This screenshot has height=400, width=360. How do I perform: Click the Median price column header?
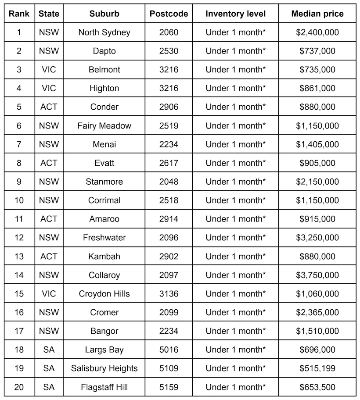(317, 14)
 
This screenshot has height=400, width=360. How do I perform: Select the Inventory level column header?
(236, 14)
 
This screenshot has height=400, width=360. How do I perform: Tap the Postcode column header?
(169, 14)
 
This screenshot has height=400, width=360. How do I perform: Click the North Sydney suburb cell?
(104, 32)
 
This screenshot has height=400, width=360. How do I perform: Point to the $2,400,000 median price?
(317, 32)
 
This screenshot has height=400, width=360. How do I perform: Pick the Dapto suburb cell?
(104, 51)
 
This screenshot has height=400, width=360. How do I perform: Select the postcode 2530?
(169, 51)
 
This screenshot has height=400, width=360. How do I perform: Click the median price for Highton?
(317, 88)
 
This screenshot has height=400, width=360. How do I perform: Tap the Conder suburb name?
(104, 107)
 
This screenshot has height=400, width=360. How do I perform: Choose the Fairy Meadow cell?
(104, 126)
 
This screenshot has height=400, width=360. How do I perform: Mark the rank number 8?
(19, 163)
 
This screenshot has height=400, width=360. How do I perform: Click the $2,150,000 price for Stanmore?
(317, 182)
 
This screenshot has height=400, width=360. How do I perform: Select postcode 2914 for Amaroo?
(169, 219)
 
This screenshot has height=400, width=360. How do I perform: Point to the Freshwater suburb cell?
(104, 238)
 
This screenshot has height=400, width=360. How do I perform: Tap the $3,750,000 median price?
(317, 275)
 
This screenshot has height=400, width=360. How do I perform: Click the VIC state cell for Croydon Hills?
(49, 293)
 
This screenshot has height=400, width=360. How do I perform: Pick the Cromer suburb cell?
(104, 312)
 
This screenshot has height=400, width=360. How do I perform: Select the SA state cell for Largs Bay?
(49, 350)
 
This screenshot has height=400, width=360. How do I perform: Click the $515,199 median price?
(317, 368)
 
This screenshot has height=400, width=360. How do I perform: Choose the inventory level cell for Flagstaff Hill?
(236, 387)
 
